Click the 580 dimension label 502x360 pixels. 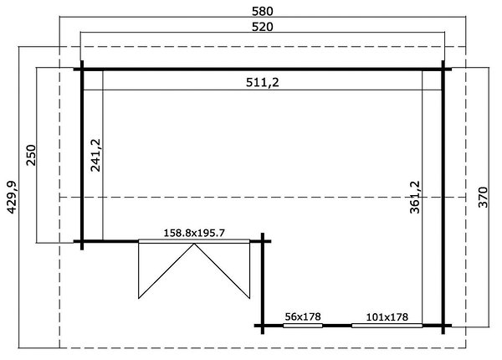click(x=263, y=11)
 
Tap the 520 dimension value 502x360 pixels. click(x=263, y=27)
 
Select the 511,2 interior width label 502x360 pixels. click(x=263, y=83)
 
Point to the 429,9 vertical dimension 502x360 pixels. click(x=13, y=197)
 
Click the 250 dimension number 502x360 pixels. click(x=32, y=155)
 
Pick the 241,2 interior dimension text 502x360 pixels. click(x=95, y=155)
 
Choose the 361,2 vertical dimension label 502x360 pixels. click(x=415, y=197)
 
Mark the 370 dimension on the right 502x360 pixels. click(x=483, y=197)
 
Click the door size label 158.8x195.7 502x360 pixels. click(x=194, y=233)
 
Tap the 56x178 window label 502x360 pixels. click(x=303, y=316)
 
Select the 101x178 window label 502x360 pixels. click(x=387, y=317)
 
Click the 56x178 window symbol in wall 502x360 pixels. click(x=303, y=326)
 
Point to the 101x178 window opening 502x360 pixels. click(x=387, y=326)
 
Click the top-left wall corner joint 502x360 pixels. click(x=82, y=69)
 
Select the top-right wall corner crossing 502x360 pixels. click(x=443, y=69)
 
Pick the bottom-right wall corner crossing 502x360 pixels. click(x=443, y=326)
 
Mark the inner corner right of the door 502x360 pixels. click(x=263, y=241)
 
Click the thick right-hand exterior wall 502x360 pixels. click(x=443, y=198)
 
